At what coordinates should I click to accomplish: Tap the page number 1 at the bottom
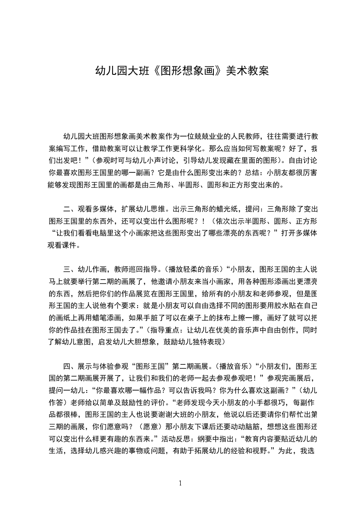pyautogui.click(x=180, y=483)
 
